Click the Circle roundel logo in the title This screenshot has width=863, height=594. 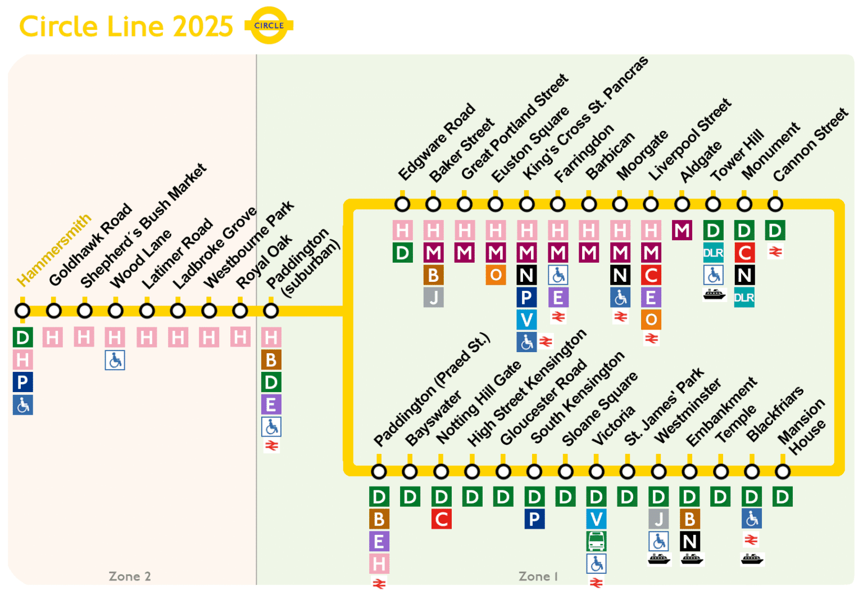click(269, 25)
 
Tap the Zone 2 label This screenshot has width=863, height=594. click(130, 577)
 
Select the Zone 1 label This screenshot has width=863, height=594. click(538, 577)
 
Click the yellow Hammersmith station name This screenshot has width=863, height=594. click(54, 250)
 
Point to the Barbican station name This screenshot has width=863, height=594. click(610, 156)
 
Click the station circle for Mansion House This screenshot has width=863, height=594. click(782, 471)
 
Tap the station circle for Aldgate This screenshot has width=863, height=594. click(682, 204)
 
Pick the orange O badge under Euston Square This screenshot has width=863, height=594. click(496, 275)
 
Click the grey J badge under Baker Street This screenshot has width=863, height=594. click(433, 298)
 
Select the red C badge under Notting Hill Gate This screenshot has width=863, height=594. click(442, 519)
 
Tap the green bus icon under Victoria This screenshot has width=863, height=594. click(596, 541)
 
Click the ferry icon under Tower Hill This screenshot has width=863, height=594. click(714, 294)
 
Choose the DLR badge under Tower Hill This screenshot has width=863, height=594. click(714, 253)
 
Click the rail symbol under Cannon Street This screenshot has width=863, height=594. click(775, 252)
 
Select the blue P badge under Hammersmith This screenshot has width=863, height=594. click(22, 382)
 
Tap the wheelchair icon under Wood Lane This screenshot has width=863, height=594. click(115, 360)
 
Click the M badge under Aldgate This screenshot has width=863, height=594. click(682, 231)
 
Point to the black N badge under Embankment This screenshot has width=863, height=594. click(689, 542)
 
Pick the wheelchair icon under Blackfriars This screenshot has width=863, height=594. click(752, 519)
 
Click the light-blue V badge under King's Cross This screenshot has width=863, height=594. click(526, 320)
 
